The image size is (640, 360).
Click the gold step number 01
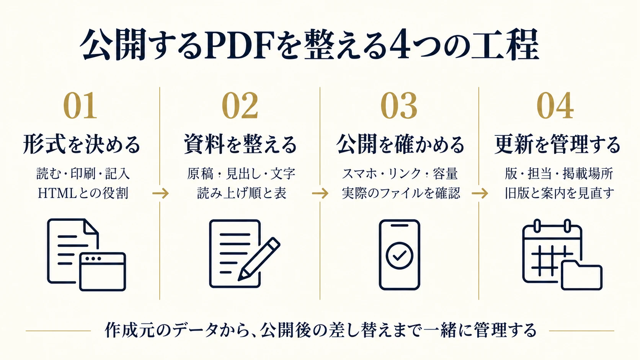80,105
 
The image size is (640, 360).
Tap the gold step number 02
240,105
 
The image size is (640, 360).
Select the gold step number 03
399,105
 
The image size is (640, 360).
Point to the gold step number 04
555,105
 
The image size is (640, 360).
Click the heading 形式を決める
82,144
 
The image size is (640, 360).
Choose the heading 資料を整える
240,144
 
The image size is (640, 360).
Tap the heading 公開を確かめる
400,144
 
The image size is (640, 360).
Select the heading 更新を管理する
557,144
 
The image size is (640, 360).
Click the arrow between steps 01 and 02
160,194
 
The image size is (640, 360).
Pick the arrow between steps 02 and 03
320,194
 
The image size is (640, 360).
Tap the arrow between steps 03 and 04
480,194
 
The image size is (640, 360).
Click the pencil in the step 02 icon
259,259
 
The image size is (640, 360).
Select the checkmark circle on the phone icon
400,256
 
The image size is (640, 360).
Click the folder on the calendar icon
582,275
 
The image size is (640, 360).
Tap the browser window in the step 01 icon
103,272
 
